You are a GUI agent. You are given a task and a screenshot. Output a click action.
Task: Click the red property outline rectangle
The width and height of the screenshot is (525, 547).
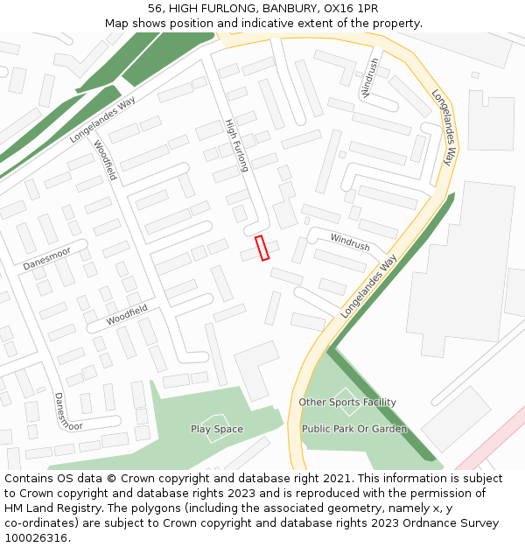click(261, 248)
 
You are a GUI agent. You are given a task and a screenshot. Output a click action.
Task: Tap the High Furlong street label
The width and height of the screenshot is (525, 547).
click(237, 144)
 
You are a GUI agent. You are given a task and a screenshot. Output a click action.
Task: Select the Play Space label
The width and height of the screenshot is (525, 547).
click(217, 429)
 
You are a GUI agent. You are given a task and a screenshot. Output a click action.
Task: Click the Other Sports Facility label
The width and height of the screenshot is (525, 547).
click(347, 403)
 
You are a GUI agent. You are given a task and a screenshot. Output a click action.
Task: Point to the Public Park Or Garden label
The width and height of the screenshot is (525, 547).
click(354, 429)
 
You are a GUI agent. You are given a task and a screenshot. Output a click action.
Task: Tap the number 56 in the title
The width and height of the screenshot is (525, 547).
click(155, 8)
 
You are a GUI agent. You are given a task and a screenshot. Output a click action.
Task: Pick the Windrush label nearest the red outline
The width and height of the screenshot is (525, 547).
click(349, 242)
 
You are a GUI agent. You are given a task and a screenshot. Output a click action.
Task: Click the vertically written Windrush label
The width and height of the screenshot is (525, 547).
click(370, 77)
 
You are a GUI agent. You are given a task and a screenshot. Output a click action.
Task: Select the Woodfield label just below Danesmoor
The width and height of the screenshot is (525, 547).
click(127, 315)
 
